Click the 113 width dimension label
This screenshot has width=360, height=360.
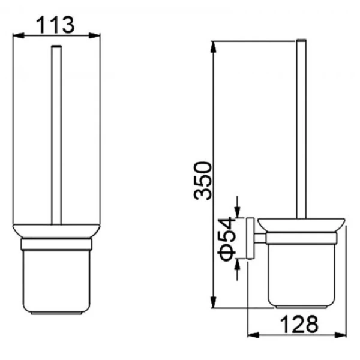tap(55, 25)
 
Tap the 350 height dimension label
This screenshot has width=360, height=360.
tap(202, 181)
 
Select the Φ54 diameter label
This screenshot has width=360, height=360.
tap(227, 239)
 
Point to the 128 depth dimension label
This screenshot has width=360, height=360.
tap(299, 324)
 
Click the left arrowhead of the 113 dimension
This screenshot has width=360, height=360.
tap(19, 35)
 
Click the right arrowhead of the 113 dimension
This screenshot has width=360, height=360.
tap(94, 35)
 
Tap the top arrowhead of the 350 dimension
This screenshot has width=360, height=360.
tap(213, 47)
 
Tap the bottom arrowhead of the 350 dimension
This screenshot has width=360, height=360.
tap(213, 302)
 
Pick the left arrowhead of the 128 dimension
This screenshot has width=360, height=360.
tap(253, 335)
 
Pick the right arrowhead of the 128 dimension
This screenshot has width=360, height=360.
tap(340, 335)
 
